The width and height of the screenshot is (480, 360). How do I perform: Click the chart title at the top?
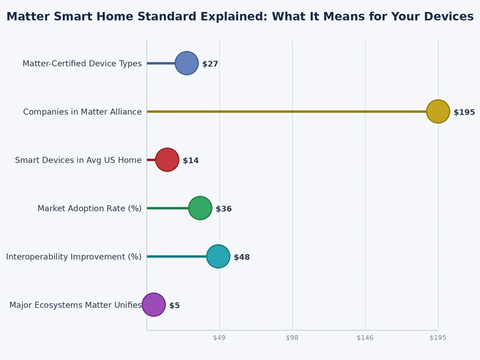240,17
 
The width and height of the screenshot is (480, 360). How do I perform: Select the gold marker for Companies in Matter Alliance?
438,112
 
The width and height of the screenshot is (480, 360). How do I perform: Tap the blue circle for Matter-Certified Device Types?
187,63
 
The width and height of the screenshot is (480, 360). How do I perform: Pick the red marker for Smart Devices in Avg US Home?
167,160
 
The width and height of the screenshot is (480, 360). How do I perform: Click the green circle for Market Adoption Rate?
200,208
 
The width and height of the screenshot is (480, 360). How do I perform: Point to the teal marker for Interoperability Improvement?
218,256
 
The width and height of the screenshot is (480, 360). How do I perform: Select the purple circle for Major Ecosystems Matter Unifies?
154,305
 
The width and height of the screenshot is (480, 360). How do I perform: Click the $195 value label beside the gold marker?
464,112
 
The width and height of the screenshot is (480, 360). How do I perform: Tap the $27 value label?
210,64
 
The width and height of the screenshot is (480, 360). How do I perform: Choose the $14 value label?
191,160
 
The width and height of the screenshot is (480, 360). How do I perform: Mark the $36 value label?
224,209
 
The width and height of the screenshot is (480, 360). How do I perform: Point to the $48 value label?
242,257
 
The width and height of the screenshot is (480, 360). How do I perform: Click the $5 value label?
175,305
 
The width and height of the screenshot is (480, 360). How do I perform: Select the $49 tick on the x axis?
219,338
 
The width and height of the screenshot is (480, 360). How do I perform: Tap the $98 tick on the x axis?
292,338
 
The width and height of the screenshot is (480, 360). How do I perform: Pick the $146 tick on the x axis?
365,338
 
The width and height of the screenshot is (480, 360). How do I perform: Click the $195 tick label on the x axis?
438,338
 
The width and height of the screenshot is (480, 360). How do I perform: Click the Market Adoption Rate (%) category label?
89,208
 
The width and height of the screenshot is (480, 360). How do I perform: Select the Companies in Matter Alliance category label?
82,112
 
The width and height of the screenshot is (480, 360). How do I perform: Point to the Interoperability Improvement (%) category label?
74,256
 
